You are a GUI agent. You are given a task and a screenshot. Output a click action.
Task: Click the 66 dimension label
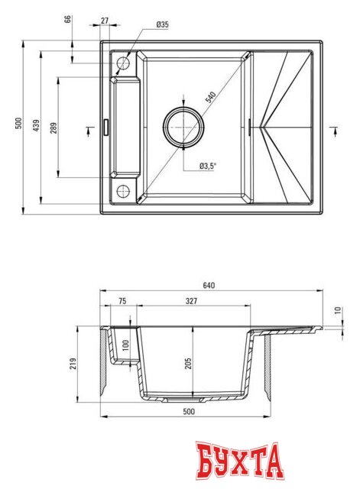pyautogui.click(x=68, y=20)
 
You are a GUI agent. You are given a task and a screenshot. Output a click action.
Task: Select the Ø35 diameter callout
pyautogui.click(x=162, y=24)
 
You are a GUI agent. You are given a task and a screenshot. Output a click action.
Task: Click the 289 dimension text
pyautogui.click(x=53, y=128)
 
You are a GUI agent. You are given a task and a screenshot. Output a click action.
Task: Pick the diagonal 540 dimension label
pyautogui.click(x=210, y=99)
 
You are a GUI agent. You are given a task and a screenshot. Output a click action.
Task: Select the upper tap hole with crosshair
pyautogui.click(x=123, y=63)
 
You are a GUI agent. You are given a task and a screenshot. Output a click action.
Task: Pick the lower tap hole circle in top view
pyautogui.click(x=123, y=191)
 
